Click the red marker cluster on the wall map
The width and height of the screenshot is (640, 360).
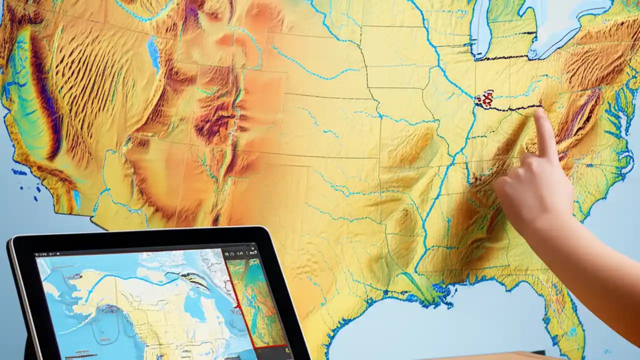click(x=484, y=99)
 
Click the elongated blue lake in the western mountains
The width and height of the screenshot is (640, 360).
click(x=153, y=53)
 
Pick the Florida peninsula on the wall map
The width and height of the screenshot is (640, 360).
click(x=565, y=320)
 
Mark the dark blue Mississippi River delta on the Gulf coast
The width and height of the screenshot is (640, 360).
click(x=440, y=295)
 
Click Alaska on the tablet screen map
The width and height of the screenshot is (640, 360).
click(x=100, y=290)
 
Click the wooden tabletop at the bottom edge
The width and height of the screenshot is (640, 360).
click(x=500, y=356)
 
